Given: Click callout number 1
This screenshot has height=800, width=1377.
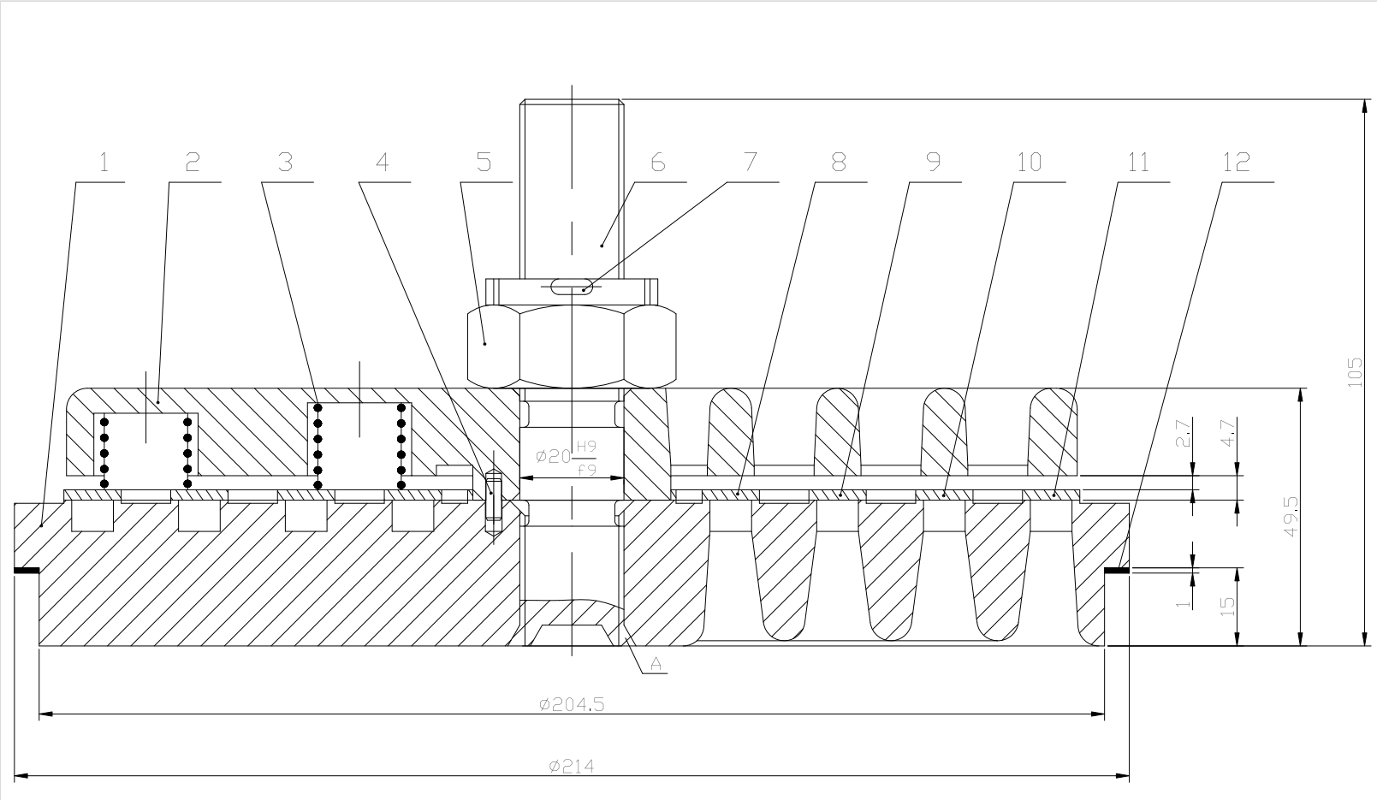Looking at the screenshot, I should click(104, 163).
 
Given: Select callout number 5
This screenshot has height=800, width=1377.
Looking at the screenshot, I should click(484, 163).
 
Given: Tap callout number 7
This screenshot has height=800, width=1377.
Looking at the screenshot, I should click(750, 163).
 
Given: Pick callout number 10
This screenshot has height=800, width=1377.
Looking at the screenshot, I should click(1029, 163).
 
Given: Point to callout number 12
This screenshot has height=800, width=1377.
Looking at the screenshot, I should click(1236, 163).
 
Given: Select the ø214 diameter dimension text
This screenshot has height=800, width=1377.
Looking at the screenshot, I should click(571, 767).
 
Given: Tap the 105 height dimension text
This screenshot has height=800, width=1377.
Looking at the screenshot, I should click(1355, 373).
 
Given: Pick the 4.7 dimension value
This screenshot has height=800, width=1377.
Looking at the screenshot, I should click(1228, 433).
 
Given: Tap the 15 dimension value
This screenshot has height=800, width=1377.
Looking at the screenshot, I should click(1228, 606).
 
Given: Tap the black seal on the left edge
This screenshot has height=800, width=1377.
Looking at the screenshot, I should click(26, 571).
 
